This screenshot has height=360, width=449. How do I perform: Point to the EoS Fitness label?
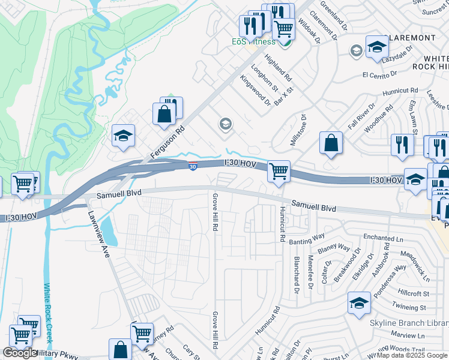[254, 41]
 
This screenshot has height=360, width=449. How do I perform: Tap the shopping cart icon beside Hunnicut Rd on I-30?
[279, 172]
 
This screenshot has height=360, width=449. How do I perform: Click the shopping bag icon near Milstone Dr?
[331, 143]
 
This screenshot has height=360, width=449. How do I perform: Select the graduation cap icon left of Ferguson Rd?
[123, 136]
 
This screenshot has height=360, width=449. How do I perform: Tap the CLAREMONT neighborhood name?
[412, 38]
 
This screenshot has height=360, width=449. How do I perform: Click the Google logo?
[19, 353]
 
